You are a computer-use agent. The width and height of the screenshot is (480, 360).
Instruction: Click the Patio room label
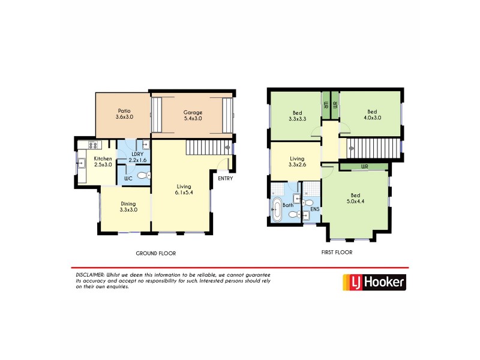124,114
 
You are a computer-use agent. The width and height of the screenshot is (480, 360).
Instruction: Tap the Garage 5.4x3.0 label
193,116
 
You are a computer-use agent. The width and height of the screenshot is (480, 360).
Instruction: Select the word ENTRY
225,178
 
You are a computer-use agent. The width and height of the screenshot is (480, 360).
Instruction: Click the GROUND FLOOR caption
155,253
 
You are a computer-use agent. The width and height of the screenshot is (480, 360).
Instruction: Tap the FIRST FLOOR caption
337,253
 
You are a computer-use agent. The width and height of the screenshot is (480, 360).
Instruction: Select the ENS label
314,209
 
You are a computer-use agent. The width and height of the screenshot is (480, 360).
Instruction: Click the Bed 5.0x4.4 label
355,197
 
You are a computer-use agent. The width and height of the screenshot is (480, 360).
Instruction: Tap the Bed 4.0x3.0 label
372,115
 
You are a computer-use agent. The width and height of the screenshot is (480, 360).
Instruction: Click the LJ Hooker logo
374,281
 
